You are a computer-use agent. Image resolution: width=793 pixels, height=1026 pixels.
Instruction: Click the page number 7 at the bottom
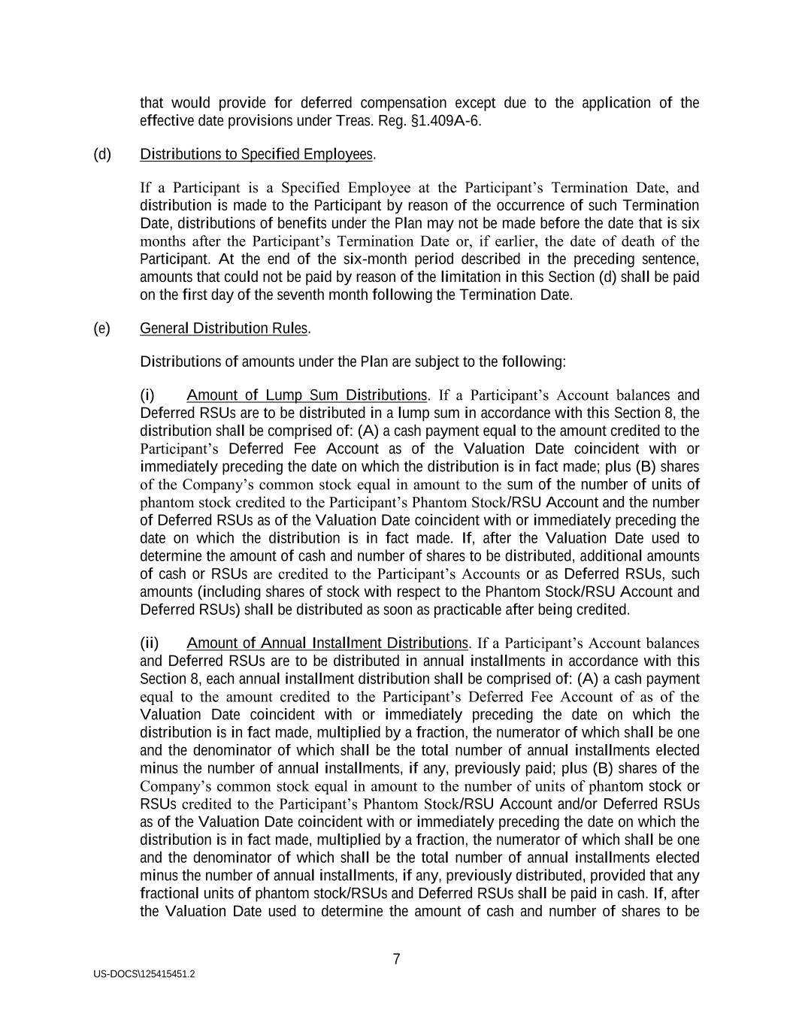coord(396,959)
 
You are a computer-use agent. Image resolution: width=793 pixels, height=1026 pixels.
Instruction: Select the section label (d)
coord(102,154)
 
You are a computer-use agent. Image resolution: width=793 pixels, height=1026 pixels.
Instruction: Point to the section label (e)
coord(102,328)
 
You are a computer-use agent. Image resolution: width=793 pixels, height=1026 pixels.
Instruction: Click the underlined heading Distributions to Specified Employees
coord(256,154)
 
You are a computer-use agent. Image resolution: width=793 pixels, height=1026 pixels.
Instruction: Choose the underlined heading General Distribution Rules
coord(223,328)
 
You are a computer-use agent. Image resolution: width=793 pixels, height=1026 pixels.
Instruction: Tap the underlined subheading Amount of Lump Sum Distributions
coord(307,395)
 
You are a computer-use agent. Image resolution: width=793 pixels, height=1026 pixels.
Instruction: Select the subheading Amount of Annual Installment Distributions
coord(327,643)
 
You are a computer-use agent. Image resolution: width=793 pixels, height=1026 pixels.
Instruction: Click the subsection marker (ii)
coord(150,643)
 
